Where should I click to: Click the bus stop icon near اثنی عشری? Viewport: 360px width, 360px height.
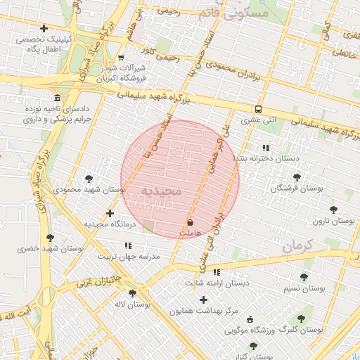pyautogui.click(x=258, y=110)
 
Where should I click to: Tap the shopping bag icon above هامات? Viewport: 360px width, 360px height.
pyautogui.click(x=191, y=222)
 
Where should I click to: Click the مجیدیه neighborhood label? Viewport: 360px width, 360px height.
pyautogui.click(x=161, y=191)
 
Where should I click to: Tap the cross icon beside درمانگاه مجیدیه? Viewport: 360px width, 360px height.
pyautogui.click(x=110, y=213)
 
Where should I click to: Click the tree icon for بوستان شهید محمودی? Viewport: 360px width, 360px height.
pyautogui.click(x=88, y=179)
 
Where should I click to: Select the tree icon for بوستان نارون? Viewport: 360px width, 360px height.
pyautogui.click(x=333, y=210)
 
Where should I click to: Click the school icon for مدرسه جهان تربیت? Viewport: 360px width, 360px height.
pyautogui.click(x=128, y=245)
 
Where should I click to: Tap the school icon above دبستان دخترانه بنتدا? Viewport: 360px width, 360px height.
pyautogui.click(x=265, y=148)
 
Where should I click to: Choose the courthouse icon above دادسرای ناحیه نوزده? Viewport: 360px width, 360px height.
pyautogui.click(x=57, y=98)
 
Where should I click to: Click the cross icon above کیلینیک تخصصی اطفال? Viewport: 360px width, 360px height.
pyautogui.click(x=44, y=29)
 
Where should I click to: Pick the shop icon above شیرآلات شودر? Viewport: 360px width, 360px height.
pyautogui.click(x=121, y=58)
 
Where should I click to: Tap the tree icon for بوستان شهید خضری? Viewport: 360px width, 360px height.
pyautogui.click(x=49, y=238)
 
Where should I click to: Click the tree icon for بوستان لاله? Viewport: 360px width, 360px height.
pyautogui.click(x=131, y=293)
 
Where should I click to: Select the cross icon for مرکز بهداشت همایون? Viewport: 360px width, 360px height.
pyautogui.click(x=204, y=300)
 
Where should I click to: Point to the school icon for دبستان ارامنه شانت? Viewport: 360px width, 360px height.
pyautogui.click(x=217, y=272)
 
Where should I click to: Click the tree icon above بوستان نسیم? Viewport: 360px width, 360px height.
pyautogui.click(x=304, y=278)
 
